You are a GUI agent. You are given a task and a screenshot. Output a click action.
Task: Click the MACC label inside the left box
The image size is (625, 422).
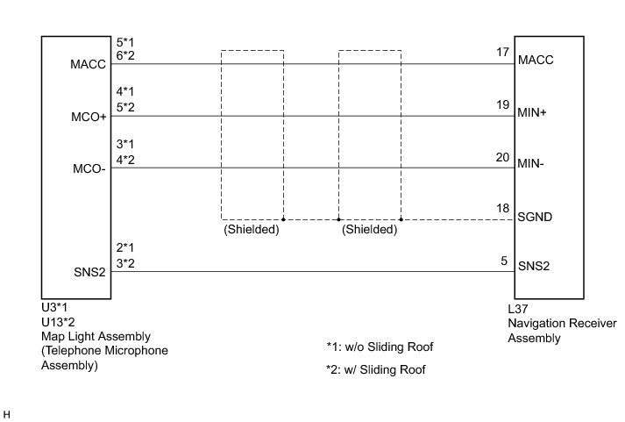(89, 64)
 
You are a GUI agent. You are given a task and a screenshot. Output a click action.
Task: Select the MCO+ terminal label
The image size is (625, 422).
(89, 117)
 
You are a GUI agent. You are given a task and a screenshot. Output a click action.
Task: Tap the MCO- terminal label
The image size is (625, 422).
(89, 169)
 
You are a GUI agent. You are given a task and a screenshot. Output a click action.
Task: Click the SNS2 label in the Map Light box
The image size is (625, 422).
(90, 272)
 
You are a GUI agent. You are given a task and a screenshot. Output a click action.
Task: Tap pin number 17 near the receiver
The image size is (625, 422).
(502, 53)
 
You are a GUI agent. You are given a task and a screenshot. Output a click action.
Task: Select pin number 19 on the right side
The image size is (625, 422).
(502, 105)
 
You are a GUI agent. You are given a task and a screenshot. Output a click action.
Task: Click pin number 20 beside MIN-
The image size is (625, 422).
(502, 158)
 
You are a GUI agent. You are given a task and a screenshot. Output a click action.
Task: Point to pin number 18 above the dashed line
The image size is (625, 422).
(502, 208)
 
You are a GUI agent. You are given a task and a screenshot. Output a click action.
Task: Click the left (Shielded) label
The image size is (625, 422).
(252, 231)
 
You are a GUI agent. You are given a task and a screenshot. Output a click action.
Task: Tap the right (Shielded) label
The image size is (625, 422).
(369, 231)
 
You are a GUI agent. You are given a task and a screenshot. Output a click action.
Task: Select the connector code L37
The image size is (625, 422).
(519, 308)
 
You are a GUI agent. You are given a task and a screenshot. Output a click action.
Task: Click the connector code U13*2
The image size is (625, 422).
(59, 322)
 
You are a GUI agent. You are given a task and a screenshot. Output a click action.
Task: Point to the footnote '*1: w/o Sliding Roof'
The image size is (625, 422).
(380, 347)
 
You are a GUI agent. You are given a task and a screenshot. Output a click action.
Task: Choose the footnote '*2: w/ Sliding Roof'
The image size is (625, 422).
(375, 370)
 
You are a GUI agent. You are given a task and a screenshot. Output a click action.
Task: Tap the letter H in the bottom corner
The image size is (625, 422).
(7, 412)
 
